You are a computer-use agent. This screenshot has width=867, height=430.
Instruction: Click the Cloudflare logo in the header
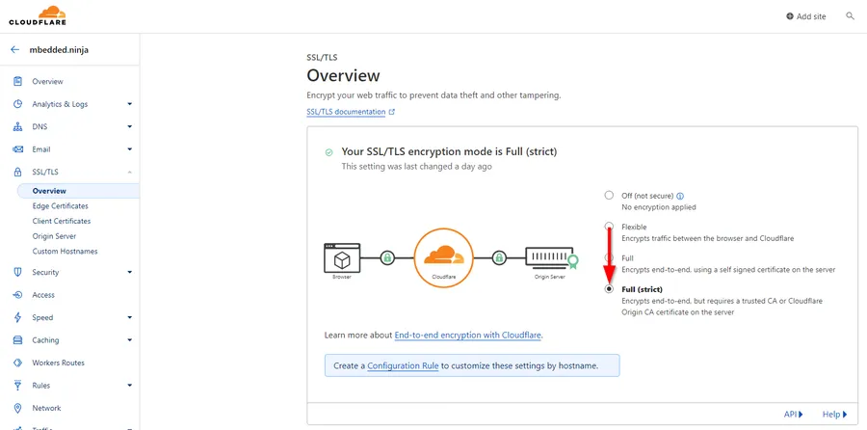click(38, 15)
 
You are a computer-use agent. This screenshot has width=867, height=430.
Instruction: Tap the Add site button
click(806, 16)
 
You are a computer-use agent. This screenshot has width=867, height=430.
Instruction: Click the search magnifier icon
click(851, 16)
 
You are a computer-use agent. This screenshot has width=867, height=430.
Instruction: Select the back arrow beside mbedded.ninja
click(14, 49)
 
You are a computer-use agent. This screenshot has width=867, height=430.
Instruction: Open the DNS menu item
click(39, 126)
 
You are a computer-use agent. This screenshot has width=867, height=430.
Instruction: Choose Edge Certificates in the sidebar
click(61, 206)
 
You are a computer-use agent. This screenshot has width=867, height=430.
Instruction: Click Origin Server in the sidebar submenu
click(54, 236)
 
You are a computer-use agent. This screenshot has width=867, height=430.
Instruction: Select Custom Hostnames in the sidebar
click(65, 252)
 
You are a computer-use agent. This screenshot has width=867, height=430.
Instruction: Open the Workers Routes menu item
click(58, 363)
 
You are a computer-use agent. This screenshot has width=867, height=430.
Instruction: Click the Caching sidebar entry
click(45, 340)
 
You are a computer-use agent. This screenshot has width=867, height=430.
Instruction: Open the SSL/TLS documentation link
click(346, 112)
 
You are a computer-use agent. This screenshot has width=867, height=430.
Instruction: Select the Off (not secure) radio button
click(609, 196)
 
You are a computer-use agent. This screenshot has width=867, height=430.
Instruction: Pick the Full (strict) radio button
click(609, 289)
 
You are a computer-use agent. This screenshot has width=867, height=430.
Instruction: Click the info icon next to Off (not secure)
click(680, 196)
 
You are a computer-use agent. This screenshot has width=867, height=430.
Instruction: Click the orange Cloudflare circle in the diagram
click(443, 257)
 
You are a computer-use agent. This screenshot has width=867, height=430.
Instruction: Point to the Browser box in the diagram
click(342, 257)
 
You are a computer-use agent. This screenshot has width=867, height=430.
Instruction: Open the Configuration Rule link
click(403, 365)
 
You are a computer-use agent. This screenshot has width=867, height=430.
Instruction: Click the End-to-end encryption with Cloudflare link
click(468, 335)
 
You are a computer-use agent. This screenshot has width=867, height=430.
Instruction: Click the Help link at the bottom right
click(834, 414)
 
